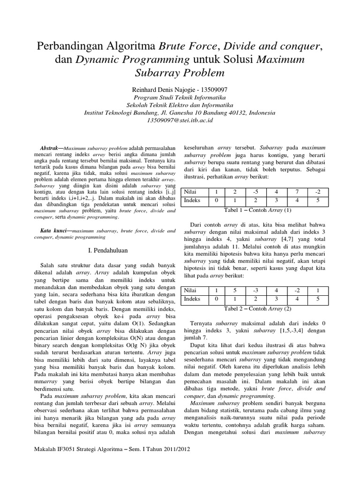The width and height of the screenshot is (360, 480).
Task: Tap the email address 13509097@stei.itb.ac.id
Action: pos(180,120)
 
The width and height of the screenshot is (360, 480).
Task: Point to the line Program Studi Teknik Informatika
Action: pos(180,97)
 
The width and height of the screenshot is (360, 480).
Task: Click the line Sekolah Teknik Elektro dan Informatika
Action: pos(180,105)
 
